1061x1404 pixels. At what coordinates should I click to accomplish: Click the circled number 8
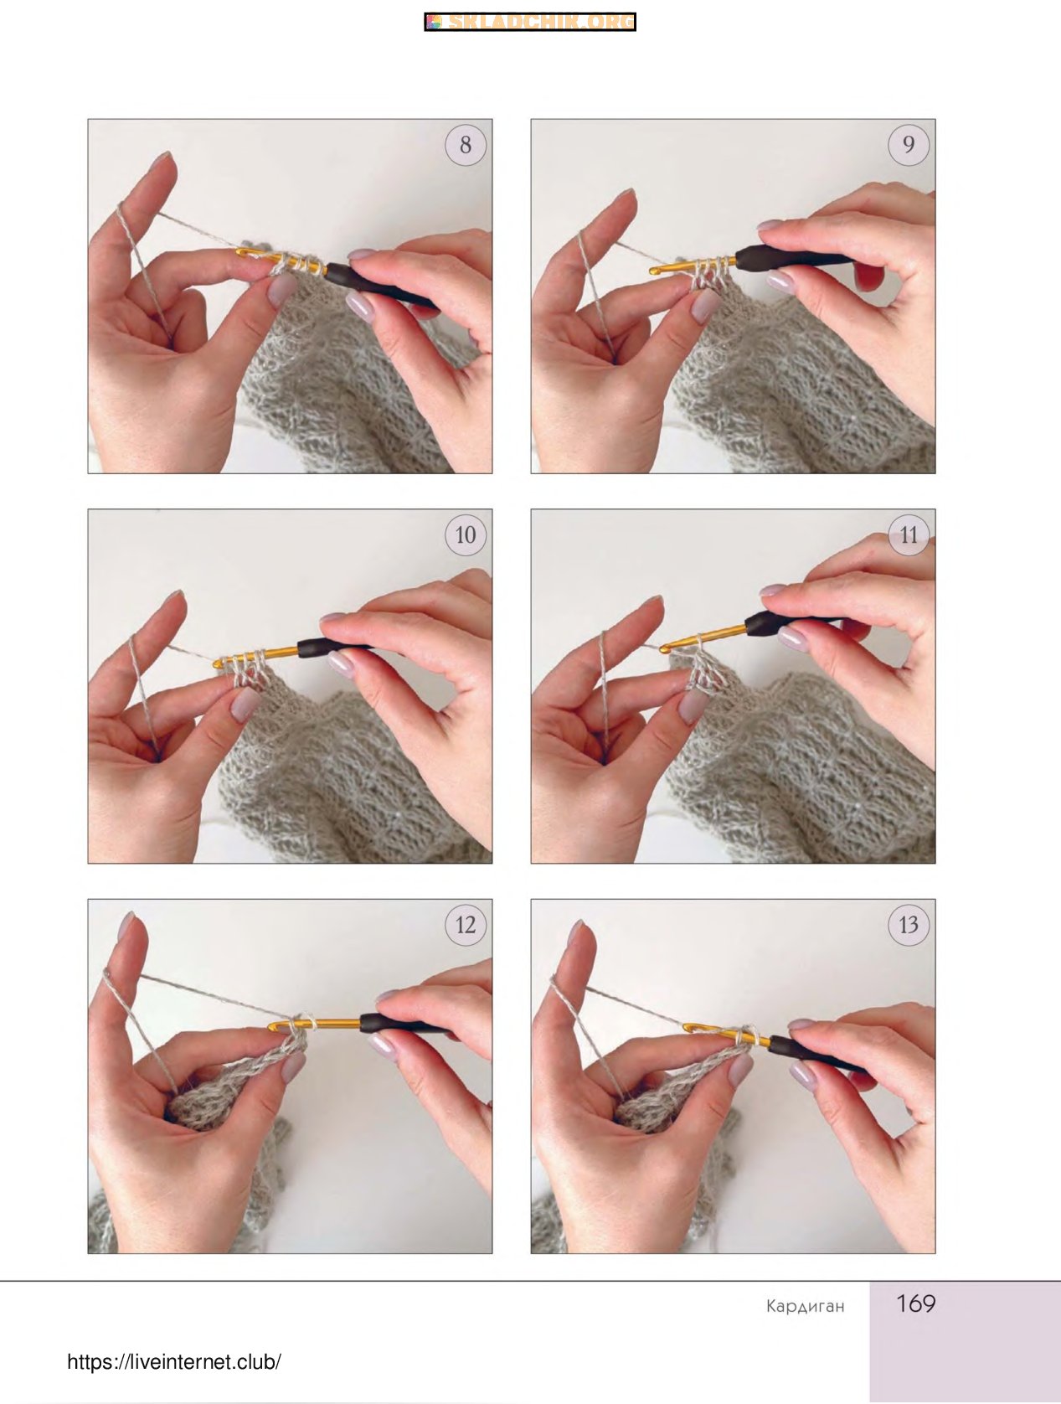466,145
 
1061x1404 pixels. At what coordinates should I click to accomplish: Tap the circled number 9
909,145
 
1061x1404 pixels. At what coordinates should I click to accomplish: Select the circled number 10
466,534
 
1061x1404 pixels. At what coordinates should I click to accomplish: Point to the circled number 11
909,534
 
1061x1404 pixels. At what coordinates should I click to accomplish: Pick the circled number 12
466,925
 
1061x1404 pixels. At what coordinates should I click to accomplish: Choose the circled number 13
909,925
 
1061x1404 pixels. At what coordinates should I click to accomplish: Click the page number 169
916,1303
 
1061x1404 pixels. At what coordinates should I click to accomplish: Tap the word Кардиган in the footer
806,1306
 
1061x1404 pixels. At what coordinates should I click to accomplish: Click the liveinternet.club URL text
174,1362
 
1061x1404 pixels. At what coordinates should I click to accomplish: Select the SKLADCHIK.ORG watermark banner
530,22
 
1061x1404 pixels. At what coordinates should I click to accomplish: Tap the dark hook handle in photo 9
792,256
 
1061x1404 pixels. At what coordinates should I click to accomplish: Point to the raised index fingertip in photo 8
162,161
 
